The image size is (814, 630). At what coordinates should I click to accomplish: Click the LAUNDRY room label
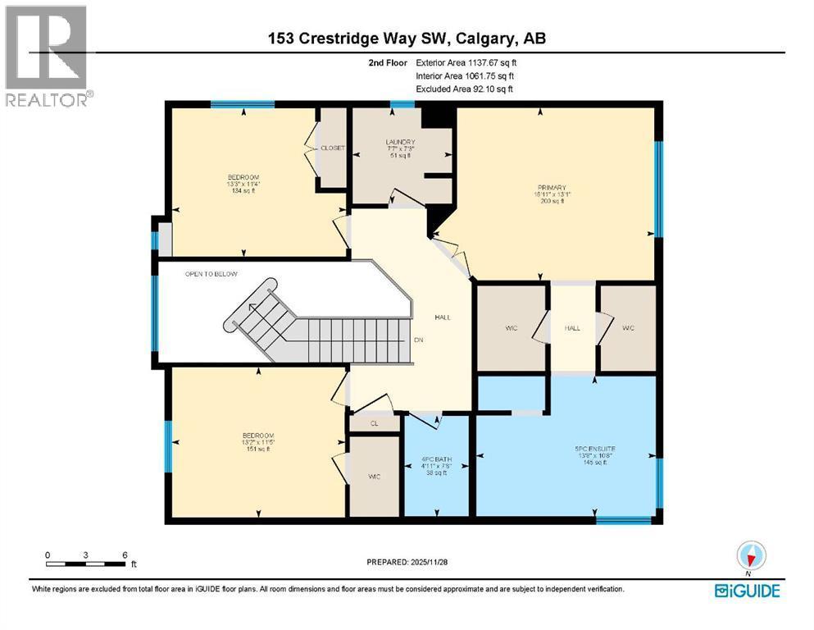click(x=401, y=142)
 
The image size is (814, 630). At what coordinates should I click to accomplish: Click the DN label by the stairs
click(x=418, y=340)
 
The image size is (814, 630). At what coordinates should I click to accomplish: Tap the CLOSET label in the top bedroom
click(x=332, y=148)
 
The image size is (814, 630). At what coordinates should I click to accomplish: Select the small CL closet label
click(x=374, y=424)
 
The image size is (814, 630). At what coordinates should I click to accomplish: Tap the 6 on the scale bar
click(x=124, y=555)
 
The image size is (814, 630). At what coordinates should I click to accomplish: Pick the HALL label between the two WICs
click(x=572, y=328)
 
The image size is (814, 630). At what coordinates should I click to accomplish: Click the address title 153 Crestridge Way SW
click(x=407, y=38)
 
